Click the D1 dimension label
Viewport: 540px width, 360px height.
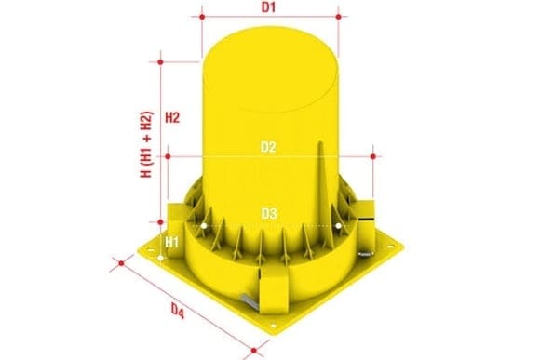(268, 7)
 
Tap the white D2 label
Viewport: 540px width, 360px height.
(268, 147)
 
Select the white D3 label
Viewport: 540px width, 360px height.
(269, 213)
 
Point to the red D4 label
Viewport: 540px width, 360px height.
(178, 312)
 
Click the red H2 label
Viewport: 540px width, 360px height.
(172, 118)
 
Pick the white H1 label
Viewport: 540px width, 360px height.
(171, 242)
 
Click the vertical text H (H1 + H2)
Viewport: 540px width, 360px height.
(146, 144)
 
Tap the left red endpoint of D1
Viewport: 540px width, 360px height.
(202, 17)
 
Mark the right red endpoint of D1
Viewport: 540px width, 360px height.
(338, 17)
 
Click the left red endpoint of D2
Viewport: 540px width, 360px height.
(168, 156)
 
